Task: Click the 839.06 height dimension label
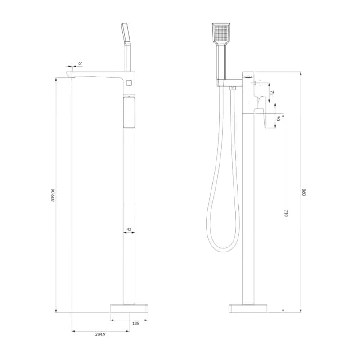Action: [53, 195]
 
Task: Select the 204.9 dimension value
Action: [100, 334]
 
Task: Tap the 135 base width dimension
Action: [136, 323]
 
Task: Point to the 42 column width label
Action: [129, 229]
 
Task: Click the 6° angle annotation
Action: [80, 63]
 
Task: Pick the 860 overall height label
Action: [304, 192]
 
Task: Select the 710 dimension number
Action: [286, 213]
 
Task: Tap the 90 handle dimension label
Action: [278, 118]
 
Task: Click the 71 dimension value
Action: [272, 93]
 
